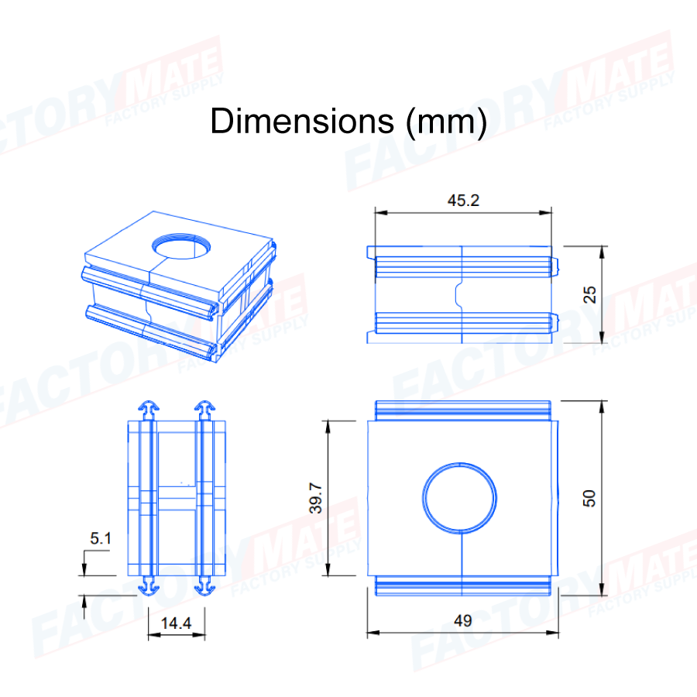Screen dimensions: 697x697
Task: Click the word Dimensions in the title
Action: coord(302,121)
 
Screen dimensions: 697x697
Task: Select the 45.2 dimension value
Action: coord(463,201)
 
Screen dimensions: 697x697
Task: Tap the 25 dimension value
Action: coord(589,295)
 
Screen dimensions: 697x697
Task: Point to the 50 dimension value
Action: coord(589,498)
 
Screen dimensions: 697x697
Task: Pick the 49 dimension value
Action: coord(463,621)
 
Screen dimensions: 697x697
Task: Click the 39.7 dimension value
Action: coord(316,498)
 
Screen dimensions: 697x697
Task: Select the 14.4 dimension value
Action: coord(176,623)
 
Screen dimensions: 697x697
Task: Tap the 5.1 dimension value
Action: coord(101,538)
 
